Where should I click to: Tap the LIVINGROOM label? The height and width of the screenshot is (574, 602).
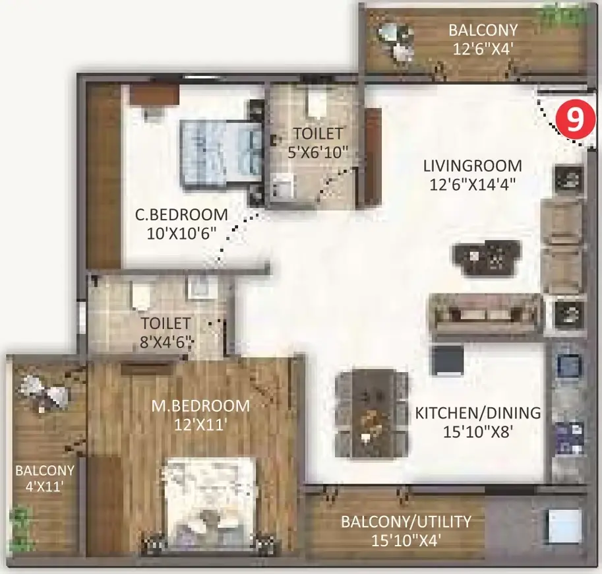pyautogui.click(x=473, y=166)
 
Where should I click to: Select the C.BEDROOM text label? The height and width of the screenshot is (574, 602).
pyautogui.click(x=181, y=214)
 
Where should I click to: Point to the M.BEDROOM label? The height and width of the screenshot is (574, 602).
pyautogui.click(x=200, y=406)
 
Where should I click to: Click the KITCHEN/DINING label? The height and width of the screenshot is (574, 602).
pyautogui.click(x=477, y=413)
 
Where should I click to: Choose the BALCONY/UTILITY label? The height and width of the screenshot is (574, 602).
pyautogui.click(x=406, y=522)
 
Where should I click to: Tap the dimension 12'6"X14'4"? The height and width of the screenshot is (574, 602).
pyautogui.click(x=472, y=185)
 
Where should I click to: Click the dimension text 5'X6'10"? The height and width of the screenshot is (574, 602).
pyautogui.click(x=318, y=152)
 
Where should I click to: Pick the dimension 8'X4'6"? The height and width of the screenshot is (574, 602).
pyautogui.click(x=166, y=342)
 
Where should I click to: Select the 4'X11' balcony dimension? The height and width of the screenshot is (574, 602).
pyautogui.click(x=45, y=487)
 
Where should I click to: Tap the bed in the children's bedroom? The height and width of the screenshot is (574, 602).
pyautogui.click(x=222, y=153)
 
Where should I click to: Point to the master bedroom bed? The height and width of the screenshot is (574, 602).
pyautogui.click(x=209, y=507)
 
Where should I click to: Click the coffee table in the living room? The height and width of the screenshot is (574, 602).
pyautogui.click(x=487, y=258)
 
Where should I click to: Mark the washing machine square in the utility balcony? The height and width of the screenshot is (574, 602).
pyautogui.click(x=564, y=526)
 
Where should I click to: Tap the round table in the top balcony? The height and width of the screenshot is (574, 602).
pyautogui.click(x=388, y=32)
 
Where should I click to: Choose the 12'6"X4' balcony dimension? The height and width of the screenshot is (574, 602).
pyautogui.click(x=483, y=49)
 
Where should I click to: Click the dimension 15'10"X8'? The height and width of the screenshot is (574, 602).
pyautogui.click(x=478, y=432)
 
